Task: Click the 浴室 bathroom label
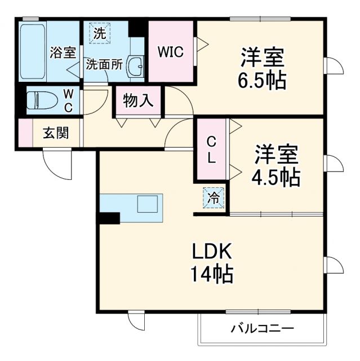[x=63, y=53]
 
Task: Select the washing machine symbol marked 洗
[x=99, y=33]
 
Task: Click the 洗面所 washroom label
[x=104, y=64]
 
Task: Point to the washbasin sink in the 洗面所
[x=136, y=67]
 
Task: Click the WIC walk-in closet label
[x=170, y=52]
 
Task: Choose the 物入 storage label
[x=138, y=101]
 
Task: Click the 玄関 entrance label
[x=56, y=134]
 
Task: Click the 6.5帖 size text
[x=261, y=81]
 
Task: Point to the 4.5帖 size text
[x=275, y=178]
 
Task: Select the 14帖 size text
[x=211, y=275]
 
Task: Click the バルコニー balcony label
[x=263, y=329]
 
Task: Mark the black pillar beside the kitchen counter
[x=109, y=218]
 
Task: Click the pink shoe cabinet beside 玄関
[x=25, y=134]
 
